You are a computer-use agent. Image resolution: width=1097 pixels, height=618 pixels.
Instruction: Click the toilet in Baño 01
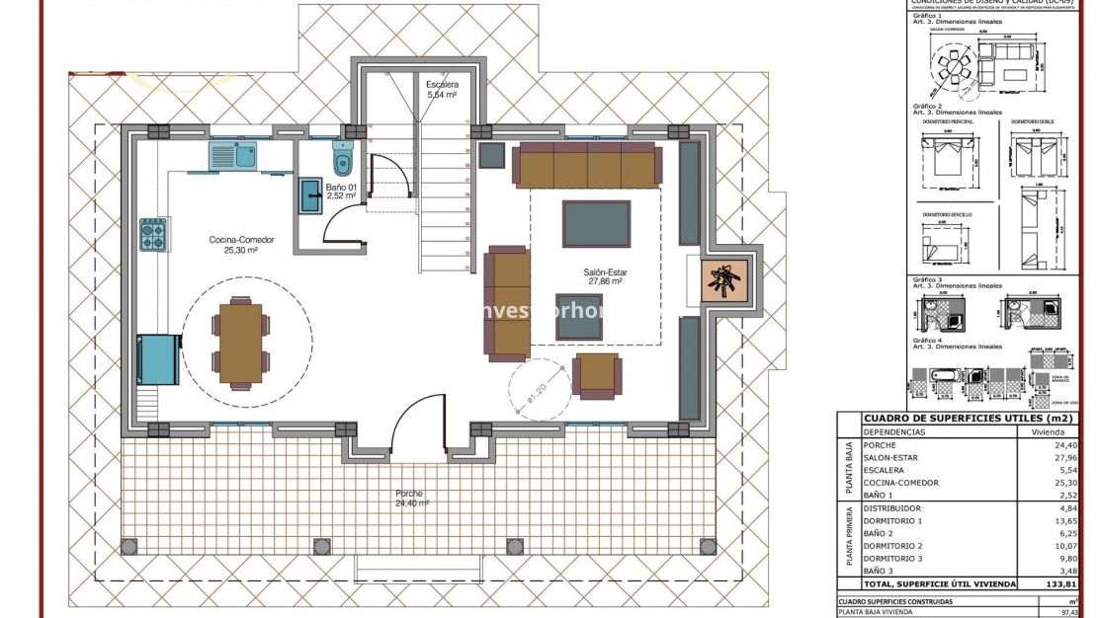click(343, 159)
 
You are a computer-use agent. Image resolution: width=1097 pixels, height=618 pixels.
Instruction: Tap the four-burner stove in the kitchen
click(152, 235)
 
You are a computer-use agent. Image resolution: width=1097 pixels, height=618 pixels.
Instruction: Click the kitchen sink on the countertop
click(232, 155)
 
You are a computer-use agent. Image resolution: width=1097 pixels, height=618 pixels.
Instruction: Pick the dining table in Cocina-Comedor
click(239, 343)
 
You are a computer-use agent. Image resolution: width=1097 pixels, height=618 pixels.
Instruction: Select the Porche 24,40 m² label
click(410, 498)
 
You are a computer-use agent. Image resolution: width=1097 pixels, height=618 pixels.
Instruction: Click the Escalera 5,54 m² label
click(441, 90)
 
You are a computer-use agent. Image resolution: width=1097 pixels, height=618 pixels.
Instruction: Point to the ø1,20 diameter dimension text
click(538, 392)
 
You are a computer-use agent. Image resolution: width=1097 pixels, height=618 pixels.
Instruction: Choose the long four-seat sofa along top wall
click(587, 165)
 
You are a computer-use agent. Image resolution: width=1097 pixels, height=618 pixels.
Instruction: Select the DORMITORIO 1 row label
click(891, 520)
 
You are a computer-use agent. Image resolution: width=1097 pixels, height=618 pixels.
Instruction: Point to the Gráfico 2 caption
click(927, 105)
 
